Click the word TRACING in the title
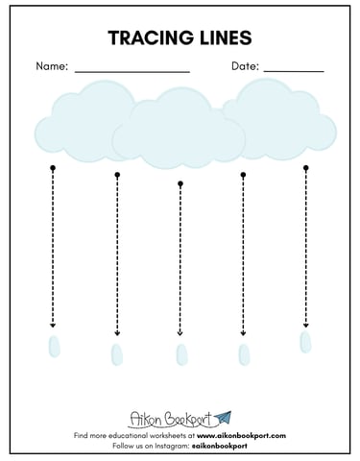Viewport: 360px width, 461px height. tap(151, 37)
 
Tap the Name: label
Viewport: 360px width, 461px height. tap(52, 66)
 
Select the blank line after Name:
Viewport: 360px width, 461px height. tap(132, 72)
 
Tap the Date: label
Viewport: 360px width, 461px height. tap(245, 66)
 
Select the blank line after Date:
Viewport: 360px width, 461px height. tap(294, 72)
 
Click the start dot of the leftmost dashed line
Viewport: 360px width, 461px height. tap(53, 168)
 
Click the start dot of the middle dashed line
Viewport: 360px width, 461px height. tap(180, 183)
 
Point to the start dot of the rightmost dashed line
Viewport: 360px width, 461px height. tap(306, 168)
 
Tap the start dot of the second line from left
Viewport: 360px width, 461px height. tap(117, 175)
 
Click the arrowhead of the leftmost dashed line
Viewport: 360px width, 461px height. tap(53, 326)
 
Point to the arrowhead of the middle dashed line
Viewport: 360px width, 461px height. tap(180, 333)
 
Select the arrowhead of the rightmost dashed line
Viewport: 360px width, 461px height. tap(306, 326)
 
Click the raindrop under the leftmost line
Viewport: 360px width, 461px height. tap(54, 346)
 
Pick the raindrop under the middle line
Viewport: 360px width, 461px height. tap(181, 354)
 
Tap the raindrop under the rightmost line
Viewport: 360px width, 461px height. tap(305, 342)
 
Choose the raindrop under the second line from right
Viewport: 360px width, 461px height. tap(244, 354)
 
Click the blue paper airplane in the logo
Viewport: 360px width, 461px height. tap(223, 418)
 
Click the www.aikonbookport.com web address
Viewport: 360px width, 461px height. tap(241, 435)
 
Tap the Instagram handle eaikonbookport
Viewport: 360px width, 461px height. tap(220, 446)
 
